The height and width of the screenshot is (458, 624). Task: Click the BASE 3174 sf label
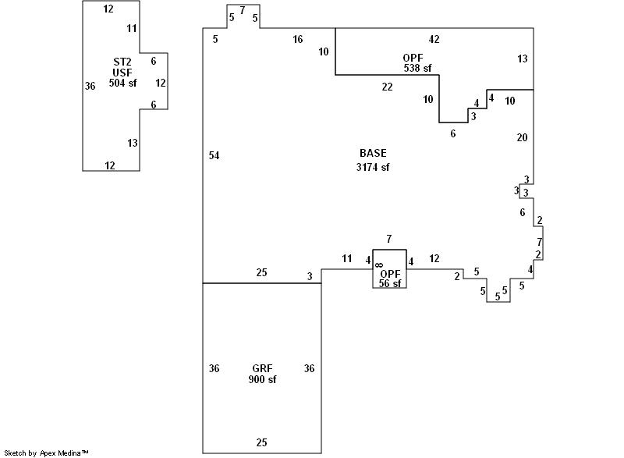pos(372,160)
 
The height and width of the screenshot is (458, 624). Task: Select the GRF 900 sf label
pos(262,374)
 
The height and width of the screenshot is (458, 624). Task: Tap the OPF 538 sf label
pos(413,63)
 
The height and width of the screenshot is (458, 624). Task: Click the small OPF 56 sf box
pos(389,269)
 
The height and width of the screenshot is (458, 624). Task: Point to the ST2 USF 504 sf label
pos(122,73)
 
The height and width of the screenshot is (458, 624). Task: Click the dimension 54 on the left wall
pos(214,156)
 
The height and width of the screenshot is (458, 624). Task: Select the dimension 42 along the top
pos(434,39)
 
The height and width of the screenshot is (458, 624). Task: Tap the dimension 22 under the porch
pos(387,87)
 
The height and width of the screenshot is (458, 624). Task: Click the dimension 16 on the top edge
pos(298,39)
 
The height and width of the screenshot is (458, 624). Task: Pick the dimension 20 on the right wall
pos(522,137)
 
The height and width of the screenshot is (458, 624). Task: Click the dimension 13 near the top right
pos(522,59)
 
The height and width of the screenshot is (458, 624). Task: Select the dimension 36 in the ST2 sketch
pos(90,86)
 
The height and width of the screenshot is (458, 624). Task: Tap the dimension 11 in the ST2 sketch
pos(132,28)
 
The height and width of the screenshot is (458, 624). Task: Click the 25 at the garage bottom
pos(262,442)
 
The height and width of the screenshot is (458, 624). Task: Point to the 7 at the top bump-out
pos(242,10)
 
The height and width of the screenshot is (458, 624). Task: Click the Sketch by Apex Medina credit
pos(46,453)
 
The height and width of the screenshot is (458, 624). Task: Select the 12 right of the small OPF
pos(434,258)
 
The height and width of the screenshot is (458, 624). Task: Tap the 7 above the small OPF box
pos(388,239)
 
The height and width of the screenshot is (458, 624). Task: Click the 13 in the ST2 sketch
pos(132,143)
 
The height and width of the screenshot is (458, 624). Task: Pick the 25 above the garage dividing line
pos(262,272)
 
